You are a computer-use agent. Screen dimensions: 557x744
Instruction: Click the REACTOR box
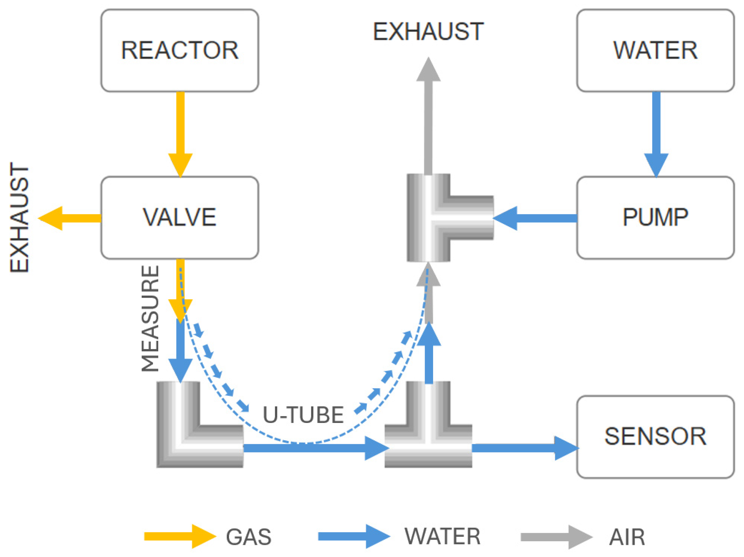(x=180, y=50)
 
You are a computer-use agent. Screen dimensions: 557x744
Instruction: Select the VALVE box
(x=180, y=218)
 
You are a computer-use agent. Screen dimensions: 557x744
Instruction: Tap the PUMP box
(x=655, y=218)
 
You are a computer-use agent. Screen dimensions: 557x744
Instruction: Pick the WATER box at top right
(x=655, y=50)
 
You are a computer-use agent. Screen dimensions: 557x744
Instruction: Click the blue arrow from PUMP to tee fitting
(x=535, y=218)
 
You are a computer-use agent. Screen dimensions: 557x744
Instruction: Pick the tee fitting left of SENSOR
(x=428, y=438)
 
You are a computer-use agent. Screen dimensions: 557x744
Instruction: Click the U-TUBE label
(x=303, y=415)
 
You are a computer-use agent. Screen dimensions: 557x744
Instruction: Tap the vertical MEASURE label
(x=150, y=318)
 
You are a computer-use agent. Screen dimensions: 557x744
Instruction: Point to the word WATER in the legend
(x=442, y=536)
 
